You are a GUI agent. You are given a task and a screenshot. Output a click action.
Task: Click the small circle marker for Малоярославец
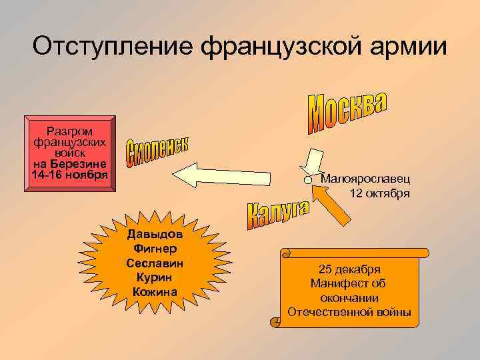coord(308,181)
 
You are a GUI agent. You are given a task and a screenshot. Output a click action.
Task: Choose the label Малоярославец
coord(365,179)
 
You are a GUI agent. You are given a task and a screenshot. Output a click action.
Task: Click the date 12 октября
coord(379,193)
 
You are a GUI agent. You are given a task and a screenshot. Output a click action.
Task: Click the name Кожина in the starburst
coord(155,291)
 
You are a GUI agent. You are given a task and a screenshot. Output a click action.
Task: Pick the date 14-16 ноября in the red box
coord(69,175)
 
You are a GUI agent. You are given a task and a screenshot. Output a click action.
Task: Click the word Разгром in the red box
coord(69,131)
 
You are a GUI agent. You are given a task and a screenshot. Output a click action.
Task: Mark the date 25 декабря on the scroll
coord(349,269)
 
